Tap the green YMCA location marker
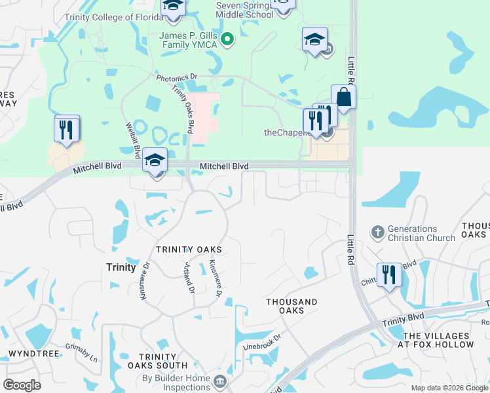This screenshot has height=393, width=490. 227,40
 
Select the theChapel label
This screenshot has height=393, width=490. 286,132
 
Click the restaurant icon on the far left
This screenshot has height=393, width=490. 66,129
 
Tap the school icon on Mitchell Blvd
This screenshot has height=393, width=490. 155,160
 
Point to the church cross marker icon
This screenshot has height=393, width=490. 377,232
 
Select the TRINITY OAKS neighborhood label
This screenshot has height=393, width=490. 189,250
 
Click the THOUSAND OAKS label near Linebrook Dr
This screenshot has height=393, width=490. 292,306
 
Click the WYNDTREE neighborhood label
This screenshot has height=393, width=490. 27,354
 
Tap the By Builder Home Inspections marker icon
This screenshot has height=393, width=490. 220,381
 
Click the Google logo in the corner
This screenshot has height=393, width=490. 22,384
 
